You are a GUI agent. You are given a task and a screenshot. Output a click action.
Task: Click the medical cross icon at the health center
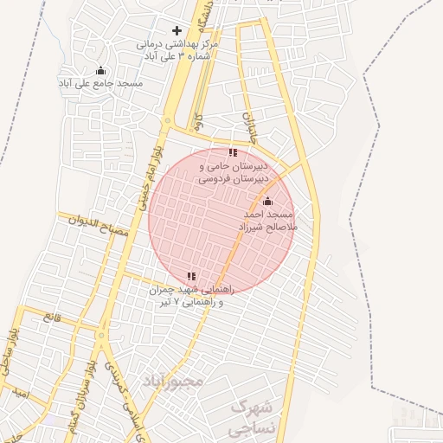coord(177,30)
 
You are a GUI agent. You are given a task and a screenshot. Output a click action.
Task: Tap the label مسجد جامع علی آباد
coord(100,83)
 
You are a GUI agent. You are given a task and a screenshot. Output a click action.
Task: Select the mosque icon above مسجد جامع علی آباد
coord(100,71)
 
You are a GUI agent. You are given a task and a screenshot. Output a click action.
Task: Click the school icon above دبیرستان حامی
coord(233,153)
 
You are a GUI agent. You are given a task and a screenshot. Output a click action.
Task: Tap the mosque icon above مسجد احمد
coord(266,202)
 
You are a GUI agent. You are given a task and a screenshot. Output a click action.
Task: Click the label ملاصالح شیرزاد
coord(268,226)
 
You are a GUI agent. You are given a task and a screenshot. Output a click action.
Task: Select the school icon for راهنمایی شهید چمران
coord(191,277)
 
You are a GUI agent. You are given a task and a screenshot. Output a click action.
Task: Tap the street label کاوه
coord(198,121)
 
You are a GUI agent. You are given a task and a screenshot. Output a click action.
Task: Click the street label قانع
coord(53,318)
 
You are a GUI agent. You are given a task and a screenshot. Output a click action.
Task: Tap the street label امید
coord(22,395)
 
